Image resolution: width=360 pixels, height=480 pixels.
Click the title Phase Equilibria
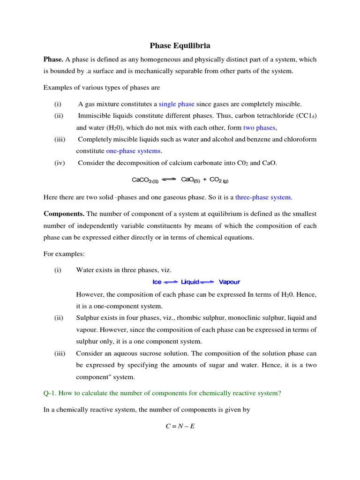click(x=180, y=45)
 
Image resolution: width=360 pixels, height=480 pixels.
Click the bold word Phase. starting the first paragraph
click(x=53, y=60)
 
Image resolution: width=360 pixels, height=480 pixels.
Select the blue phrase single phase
click(x=176, y=104)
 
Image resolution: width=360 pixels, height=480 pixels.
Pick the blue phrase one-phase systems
click(x=133, y=151)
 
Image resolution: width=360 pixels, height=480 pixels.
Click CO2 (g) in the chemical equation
click(x=219, y=180)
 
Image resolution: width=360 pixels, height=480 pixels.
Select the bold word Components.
click(x=64, y=214)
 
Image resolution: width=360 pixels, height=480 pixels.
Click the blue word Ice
click(x=157, y=282)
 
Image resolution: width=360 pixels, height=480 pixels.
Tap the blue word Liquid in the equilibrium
click(x=190, y=282)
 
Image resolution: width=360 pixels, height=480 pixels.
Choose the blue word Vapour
click(x=229, y=282)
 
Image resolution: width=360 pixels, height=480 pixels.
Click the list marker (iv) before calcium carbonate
click(x=60, y=163)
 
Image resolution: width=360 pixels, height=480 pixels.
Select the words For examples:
click(x=64, y=254)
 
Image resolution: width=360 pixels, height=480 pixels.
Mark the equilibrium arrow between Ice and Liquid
click(x=171, y=282)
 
